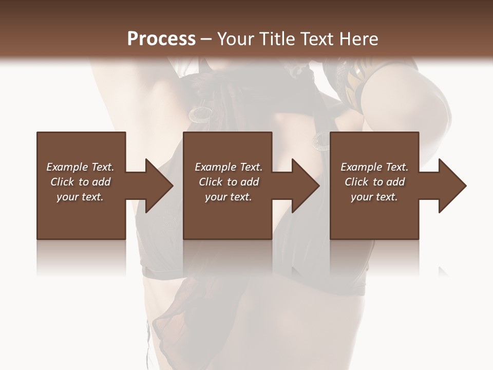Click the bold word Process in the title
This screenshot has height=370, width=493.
pyautogui.click(x=161, y=39)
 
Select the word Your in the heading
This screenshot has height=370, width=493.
pyautogui.click(x=236, y=39)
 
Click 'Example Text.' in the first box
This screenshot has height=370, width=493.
pyautogui.click(x=80, y=167)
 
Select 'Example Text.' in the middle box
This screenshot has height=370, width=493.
pyautogui.click(x=229, y=167)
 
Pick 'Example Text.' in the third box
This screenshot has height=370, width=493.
pyautogui.click(x=374, y=167)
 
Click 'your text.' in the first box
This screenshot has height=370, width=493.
pyautogui.click(x=80, y=197)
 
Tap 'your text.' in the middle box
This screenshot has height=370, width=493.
pyautogui.click(x=229, y=197)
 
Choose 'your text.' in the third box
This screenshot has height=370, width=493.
pyautogui.click(x=374, y=197)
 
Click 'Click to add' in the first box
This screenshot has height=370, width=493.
pyautogui.click(x=80, y=182)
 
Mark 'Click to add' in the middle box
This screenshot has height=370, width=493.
pyautogui.click(x=229, y=182)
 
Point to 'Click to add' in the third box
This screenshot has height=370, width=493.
pyautogui.click(x=374, y=182)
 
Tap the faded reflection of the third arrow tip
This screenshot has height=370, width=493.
pyautogui.click(x=443, y=271)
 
